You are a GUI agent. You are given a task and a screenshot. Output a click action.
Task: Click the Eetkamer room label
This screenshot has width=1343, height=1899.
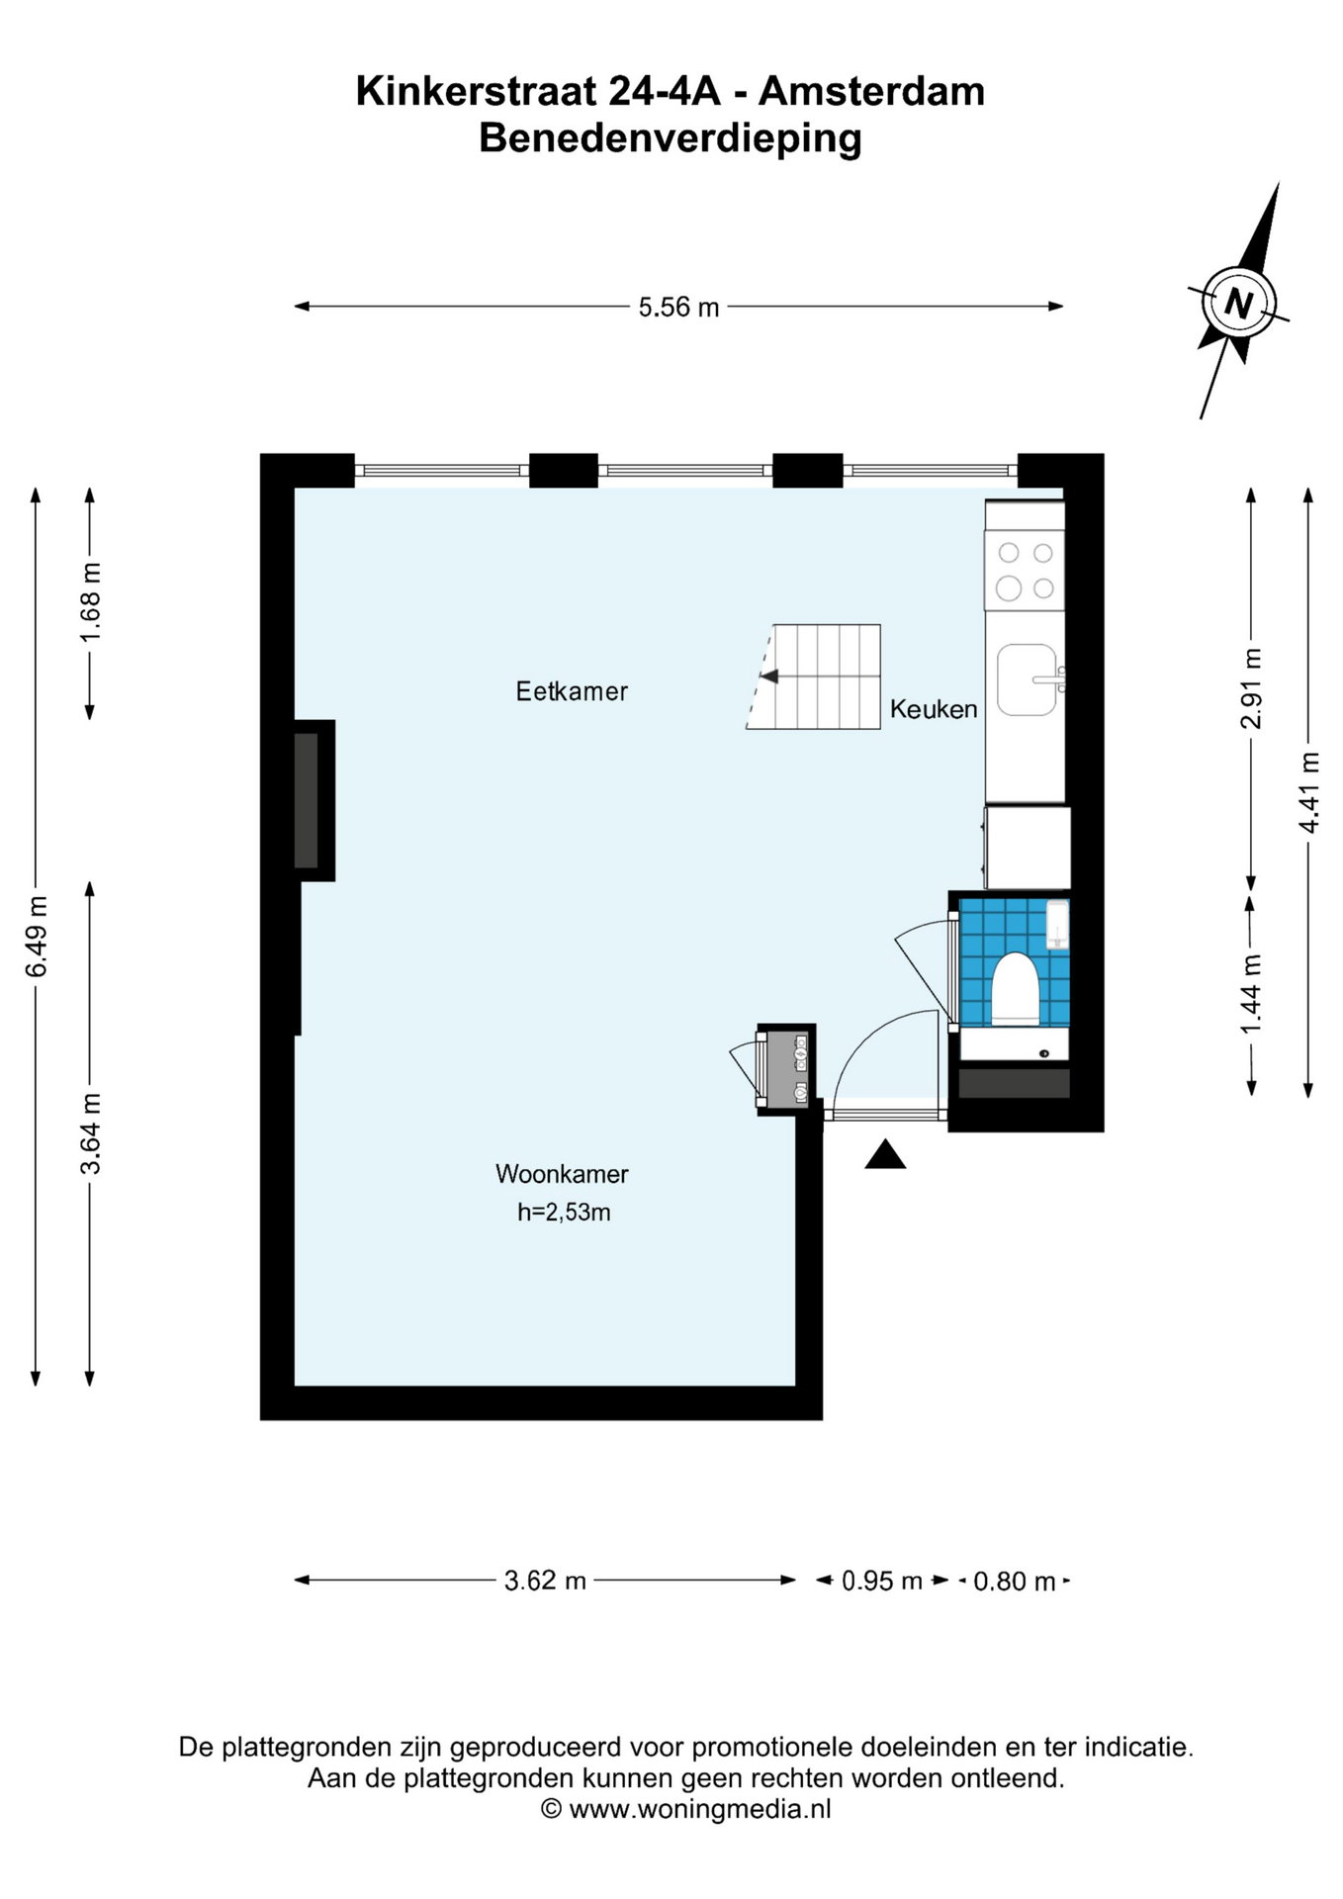click(x=572, y=691)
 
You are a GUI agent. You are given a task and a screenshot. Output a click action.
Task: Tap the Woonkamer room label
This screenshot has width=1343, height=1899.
click(x=562, y=1174)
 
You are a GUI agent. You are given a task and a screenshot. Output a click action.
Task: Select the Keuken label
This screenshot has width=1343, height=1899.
click(x=934, y=709)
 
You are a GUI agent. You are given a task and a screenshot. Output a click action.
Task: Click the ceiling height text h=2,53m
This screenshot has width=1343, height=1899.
click(x=564, y=1213)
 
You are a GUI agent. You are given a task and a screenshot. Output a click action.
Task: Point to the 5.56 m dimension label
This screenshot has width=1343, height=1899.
click(x=678, y=308)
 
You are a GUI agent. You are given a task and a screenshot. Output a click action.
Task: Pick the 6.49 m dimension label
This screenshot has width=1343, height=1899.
click(x=37, y=936)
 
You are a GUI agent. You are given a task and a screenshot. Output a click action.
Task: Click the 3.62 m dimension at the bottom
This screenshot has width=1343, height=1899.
click(x=545, y=1582)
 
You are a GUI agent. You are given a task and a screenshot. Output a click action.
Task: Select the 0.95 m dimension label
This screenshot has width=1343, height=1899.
click(x=882, y=1582)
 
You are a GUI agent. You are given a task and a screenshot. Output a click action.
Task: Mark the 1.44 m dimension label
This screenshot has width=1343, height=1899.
click(x=1252, y=994)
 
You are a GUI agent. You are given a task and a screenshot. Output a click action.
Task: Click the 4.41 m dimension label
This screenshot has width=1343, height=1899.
click(x=1309, y=792)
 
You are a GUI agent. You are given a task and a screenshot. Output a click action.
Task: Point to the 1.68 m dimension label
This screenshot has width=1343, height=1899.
click(x=90, y=601)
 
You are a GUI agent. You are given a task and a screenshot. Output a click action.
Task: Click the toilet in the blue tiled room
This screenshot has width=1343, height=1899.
click(x=1015, y=986)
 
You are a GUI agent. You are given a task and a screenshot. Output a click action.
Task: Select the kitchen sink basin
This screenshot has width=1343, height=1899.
click(x=1027, y=679)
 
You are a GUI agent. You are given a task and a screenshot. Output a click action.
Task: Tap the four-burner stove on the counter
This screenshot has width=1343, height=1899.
click(x=1025, y=571)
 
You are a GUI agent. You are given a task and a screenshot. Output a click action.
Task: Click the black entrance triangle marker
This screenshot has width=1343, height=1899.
click(x=885, y=1155)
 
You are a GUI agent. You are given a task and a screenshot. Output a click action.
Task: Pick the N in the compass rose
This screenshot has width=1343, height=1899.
click(x=1238, y=302)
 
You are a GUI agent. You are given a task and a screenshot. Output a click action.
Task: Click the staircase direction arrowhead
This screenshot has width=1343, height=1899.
click(x=768, y=677)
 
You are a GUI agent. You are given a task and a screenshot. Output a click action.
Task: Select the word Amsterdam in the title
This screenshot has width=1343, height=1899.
click(x=871, y=92)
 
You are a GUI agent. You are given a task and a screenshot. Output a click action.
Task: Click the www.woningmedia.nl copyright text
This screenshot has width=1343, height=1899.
click(x=685, y=1810)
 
